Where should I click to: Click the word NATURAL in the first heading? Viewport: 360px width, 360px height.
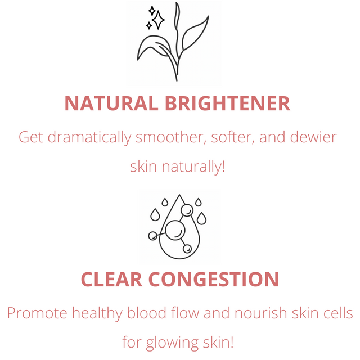111,103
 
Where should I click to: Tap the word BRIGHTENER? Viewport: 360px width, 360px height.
227,103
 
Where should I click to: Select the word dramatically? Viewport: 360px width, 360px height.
89,138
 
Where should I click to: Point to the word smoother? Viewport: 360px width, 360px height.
169,137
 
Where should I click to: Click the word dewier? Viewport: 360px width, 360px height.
313,137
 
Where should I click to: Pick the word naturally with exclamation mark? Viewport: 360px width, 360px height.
193,167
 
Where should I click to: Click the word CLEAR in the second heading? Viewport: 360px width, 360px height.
111,280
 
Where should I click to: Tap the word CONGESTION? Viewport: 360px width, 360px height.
214,280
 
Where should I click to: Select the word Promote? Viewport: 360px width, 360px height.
37,313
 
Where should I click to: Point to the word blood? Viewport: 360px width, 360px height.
146,313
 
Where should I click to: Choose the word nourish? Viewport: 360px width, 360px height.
260,313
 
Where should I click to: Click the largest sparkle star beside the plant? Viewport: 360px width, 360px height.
158,20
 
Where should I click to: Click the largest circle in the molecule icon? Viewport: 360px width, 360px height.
175,230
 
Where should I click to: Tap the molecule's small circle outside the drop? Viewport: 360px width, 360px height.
152,236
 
